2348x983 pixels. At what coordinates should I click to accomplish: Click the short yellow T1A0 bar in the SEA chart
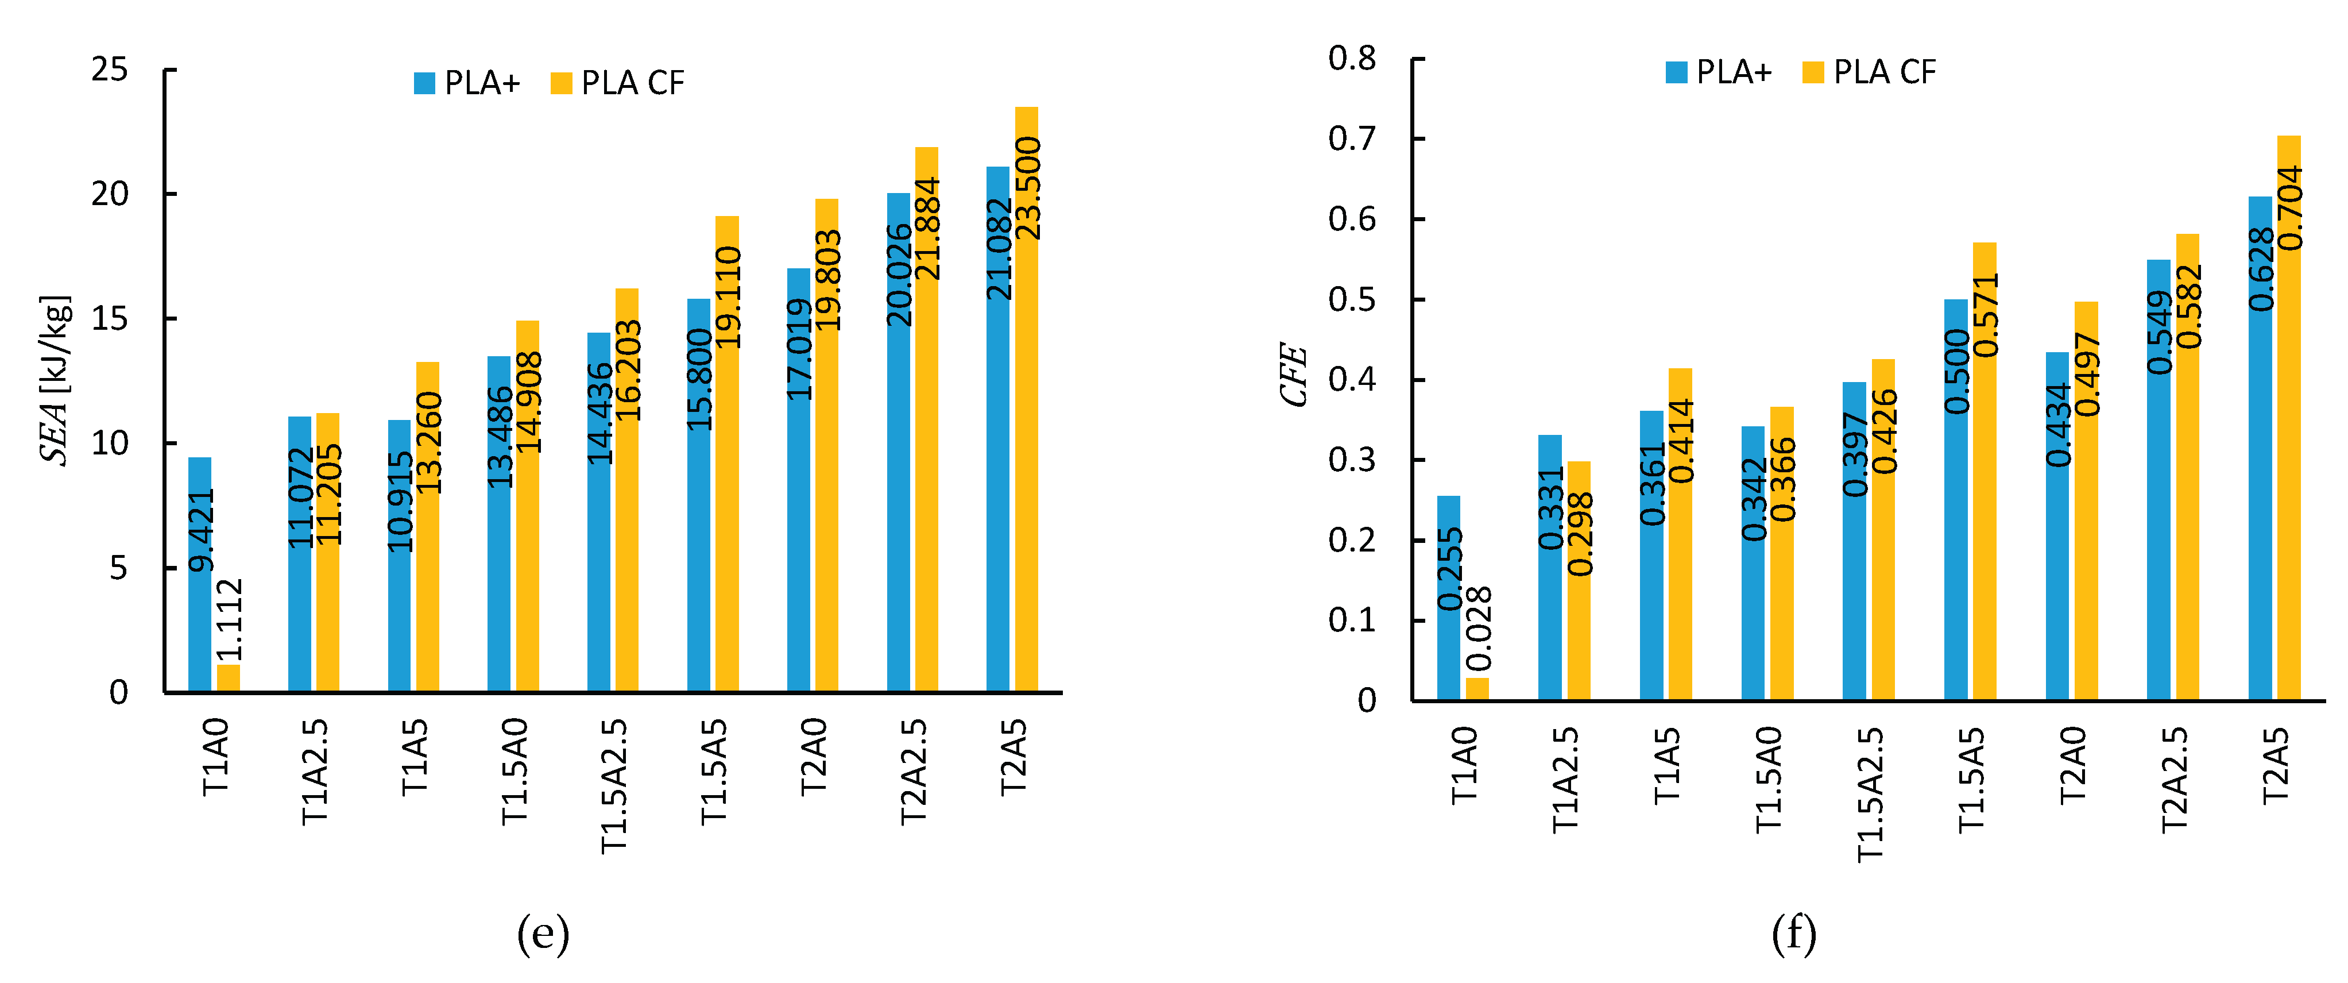[x=228, y=679]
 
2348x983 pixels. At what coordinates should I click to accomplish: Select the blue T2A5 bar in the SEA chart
[x=997, y=429]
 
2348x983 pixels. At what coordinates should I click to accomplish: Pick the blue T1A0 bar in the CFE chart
[x=1448, y=597]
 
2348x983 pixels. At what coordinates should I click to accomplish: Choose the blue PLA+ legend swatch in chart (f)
[x=1676, y=72]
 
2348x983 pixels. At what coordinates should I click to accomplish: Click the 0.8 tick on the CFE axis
[x=1352, y=59]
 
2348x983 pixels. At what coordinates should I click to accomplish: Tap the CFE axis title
[x=1293, y=374]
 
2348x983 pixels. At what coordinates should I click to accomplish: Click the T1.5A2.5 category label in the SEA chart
[x=614, y=786]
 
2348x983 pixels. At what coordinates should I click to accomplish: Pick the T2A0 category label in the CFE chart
[x=2073, y=764]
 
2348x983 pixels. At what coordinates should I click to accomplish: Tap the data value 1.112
[x=229, y=620]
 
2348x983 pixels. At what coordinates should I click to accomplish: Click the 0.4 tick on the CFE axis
[x=1352, y=379]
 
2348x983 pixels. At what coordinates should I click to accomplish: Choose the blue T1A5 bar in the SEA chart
[x=399, y=554]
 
